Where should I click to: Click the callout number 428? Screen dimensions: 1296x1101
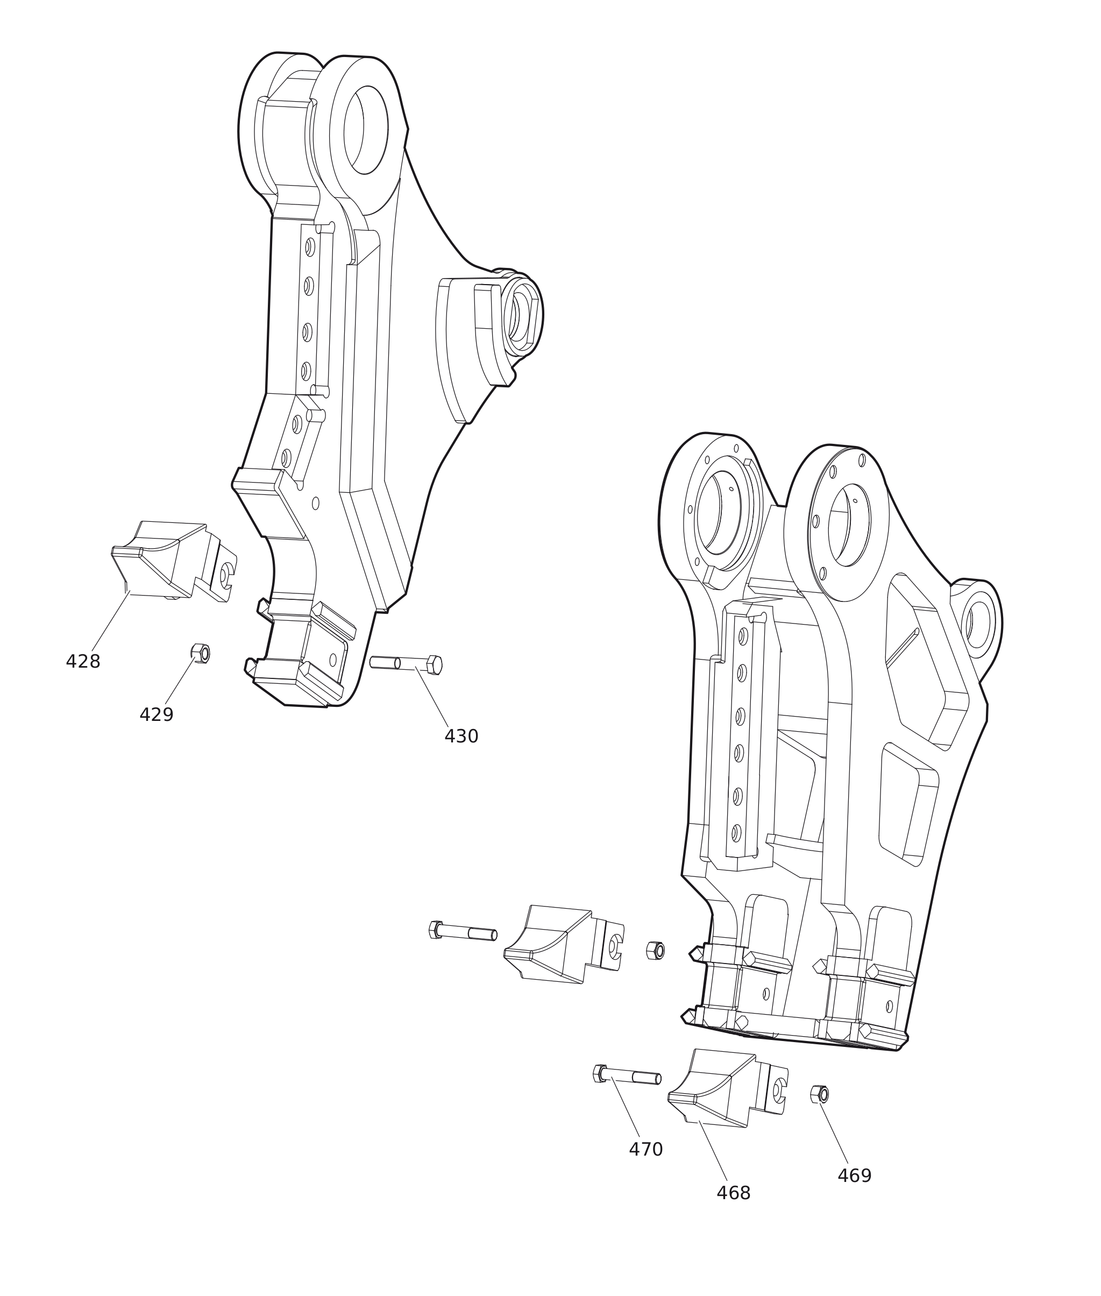click(83, 662)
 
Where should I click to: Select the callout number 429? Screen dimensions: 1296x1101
click(156, 715)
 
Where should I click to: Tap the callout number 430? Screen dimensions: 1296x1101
click(461, 736)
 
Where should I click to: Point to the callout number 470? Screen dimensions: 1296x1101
click(645, 1149)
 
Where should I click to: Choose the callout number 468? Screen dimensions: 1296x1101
click(734, 1193)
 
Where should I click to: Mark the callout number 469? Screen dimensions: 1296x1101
click(855, 1175)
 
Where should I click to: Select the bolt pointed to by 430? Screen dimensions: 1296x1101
click(406, 664)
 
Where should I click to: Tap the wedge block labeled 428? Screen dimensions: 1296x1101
click(172, 560)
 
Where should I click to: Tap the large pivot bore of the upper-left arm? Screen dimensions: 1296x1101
click(366, 130)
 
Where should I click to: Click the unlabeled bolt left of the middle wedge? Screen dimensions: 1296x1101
click(463, 931)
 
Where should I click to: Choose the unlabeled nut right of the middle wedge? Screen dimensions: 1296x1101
click(655, 951)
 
